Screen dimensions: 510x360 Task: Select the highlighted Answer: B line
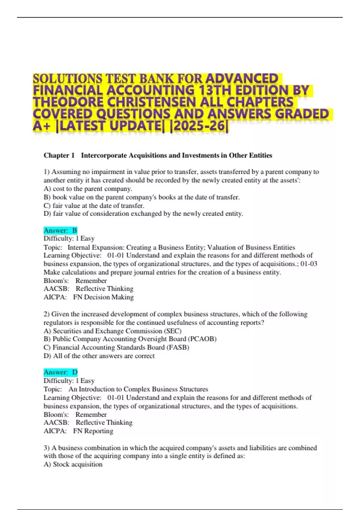60,230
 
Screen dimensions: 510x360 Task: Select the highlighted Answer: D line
60,372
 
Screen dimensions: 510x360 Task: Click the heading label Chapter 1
59,155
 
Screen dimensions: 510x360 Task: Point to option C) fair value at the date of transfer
94,206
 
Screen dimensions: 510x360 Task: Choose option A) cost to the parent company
88,189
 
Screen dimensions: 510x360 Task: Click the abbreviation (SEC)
172,331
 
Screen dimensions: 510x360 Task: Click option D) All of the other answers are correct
99,356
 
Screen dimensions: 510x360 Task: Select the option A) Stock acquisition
73,464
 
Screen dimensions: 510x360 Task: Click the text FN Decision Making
103,297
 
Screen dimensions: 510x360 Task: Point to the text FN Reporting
93,431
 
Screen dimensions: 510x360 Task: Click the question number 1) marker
46,172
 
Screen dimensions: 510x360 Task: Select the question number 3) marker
46,448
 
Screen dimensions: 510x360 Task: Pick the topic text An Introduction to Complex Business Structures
138,389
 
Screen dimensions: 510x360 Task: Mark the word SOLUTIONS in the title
68,79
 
